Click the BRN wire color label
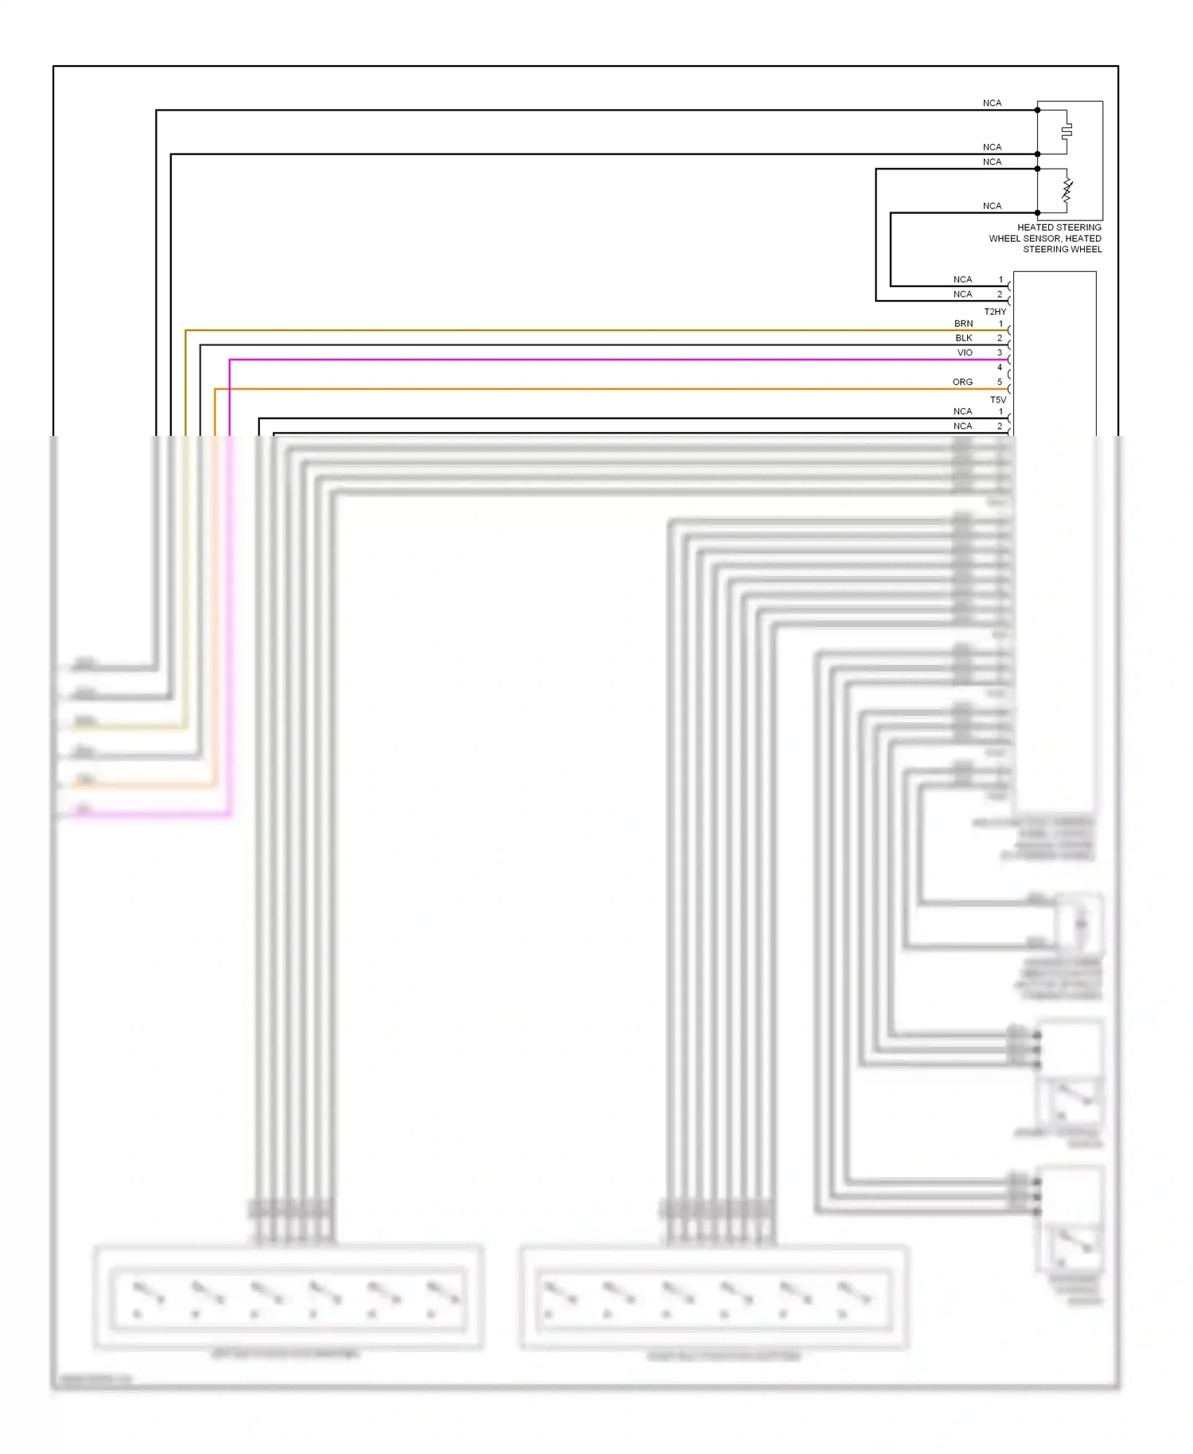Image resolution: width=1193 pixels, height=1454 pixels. pos(963,324)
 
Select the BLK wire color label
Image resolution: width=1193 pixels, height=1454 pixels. pos(963,338)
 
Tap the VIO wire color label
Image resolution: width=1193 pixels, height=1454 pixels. pos(965,352)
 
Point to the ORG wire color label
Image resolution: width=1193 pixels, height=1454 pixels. pos(962,382)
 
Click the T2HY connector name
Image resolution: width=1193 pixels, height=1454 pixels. pos(995,312)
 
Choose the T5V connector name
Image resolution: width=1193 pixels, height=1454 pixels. pos(997,399)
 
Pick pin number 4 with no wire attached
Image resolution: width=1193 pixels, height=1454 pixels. pos(1000,367)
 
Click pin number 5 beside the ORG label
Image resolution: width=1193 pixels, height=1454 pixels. pos(1000,382)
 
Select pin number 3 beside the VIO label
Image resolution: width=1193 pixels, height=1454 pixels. pos(1000,352)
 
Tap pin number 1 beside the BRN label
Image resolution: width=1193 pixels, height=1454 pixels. pos(1001,324)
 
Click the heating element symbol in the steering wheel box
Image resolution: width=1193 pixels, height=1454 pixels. pos(1067,130)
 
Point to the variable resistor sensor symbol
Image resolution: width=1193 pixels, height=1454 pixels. pos(1067,191)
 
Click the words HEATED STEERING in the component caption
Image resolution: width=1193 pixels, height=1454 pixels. pos(1059,227)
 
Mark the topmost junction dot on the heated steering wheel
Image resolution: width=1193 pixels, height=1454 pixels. pos(1037,110)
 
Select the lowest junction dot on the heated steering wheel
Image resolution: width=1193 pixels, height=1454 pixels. pos(1037,213)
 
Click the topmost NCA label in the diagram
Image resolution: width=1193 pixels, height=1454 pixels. pos(992,103)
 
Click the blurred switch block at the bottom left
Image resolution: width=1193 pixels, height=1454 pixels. pos(288,1297)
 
